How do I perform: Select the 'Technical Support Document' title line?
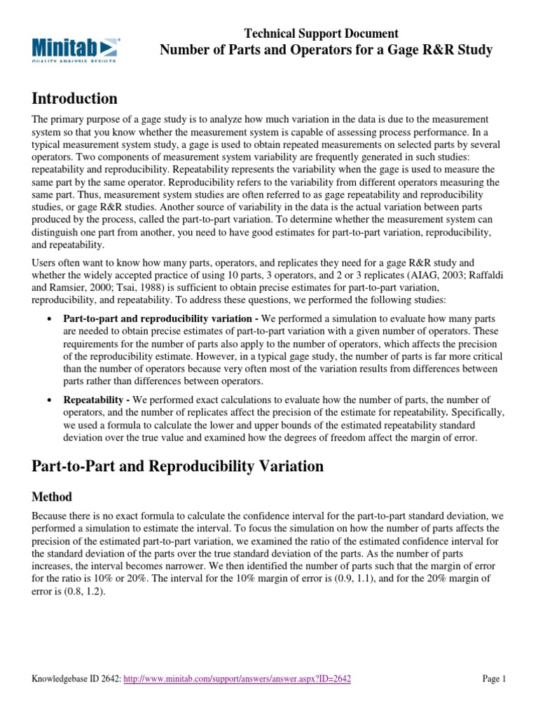coord(322,33)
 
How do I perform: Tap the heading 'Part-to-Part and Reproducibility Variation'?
coord(178,466)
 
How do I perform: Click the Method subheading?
coord(52,496)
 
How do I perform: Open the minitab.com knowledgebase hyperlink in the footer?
coord(237,679)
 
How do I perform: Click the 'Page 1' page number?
coord(494,679)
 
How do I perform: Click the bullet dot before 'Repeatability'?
coord(48,400)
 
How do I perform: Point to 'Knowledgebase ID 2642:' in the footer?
coord(77,679)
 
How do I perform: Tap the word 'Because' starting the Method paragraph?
coord(52,515)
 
